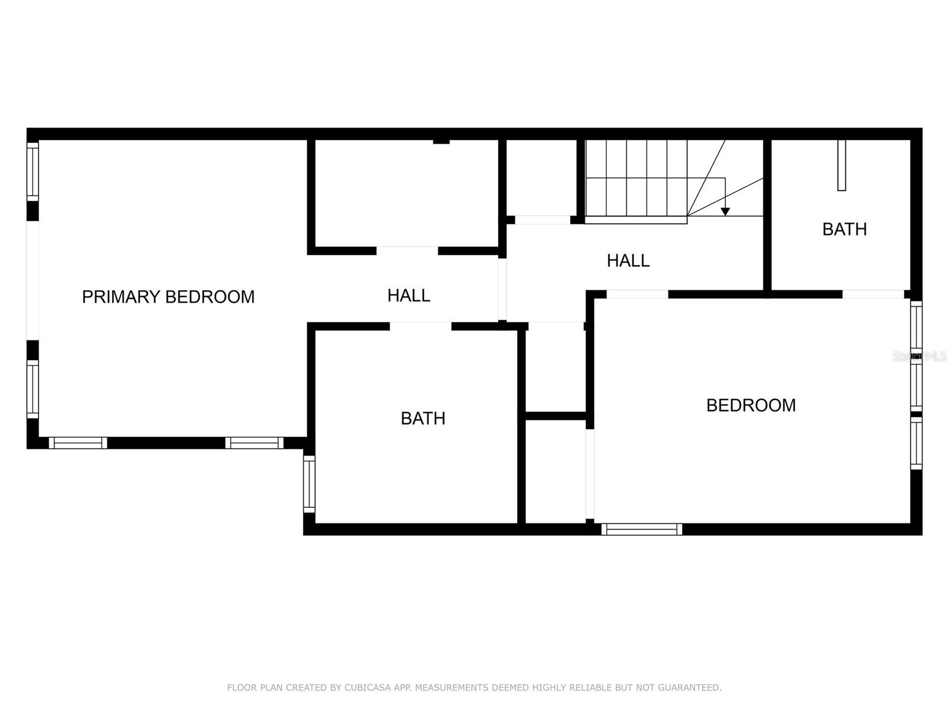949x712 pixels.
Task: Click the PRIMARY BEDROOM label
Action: point(168,297)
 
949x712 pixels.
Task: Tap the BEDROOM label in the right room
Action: point(751,405)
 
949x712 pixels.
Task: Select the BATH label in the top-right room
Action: point(844,229)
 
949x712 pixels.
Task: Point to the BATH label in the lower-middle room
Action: point(423,418)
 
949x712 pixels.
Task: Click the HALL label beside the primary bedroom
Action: point(409,295)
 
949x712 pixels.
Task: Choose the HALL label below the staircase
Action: point(628,260)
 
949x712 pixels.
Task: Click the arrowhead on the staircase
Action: point(725,211)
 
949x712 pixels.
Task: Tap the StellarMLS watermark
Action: point(919,357)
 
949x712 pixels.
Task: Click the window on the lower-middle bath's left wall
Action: point(309,484)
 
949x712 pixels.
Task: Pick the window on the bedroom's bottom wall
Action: point(642,529)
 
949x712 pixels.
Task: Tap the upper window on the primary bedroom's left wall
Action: point(33,171)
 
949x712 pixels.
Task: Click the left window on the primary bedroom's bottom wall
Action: point(78,443)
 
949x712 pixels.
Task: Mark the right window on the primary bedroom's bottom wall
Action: point(254,443)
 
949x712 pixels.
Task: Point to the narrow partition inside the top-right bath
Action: point(841,165)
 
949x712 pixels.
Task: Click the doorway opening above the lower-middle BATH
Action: point(421,326)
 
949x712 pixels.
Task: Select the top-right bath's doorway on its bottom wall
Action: point(873,294)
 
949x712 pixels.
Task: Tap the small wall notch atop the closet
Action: point(441,141)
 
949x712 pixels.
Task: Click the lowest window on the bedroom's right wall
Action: point(916,443)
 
